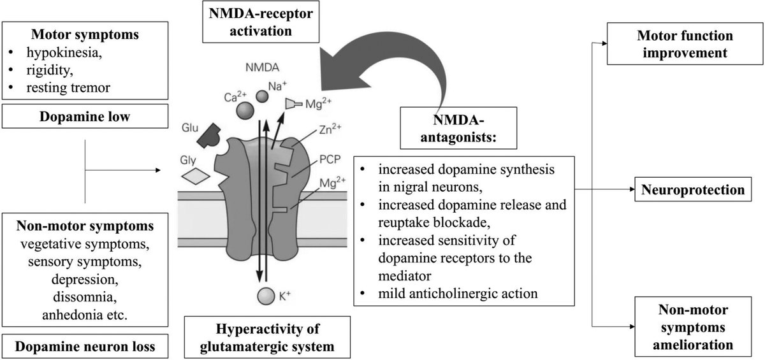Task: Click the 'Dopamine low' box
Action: pos(85,117)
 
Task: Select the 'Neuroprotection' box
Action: pos(693,189)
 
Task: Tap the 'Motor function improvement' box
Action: pos(685,44)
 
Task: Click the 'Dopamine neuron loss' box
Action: pos(85,347)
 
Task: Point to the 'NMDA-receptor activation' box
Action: pos(261,22)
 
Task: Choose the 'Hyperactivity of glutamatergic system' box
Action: pos(267,337)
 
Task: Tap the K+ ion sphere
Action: pos(266,296)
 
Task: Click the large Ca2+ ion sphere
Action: pos(245,110)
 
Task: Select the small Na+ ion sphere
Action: pos(262,97)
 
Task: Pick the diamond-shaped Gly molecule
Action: pos(196,176)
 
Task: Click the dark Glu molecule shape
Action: pos(209,136)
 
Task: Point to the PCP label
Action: pos(330,159)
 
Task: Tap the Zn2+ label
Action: pos(330,129)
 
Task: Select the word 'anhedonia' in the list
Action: pos(73,315)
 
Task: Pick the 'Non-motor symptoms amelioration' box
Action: pos(693,327)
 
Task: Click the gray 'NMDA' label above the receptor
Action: pos(262,68)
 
